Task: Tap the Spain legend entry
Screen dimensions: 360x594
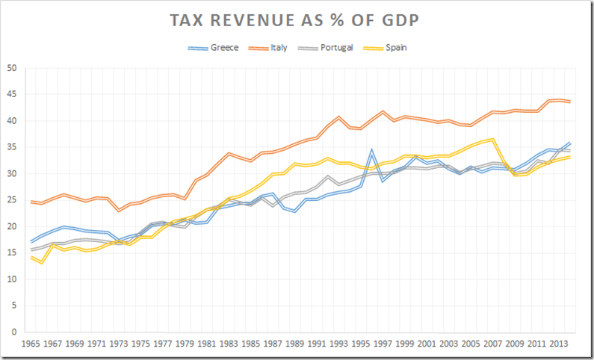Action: pos(395,47)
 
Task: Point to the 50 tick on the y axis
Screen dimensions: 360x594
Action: pos(12,68)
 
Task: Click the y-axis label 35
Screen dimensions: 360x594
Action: pos(12,147)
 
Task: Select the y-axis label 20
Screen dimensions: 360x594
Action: pos(12,226)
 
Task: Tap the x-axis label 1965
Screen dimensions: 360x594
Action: pos(31,346)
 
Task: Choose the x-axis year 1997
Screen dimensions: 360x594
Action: pos(383,346)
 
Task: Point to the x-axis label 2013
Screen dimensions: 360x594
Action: pos(560,346)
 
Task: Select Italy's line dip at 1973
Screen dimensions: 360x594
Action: pos(119,211)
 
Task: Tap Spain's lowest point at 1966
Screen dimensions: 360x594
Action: pos(42,263)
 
